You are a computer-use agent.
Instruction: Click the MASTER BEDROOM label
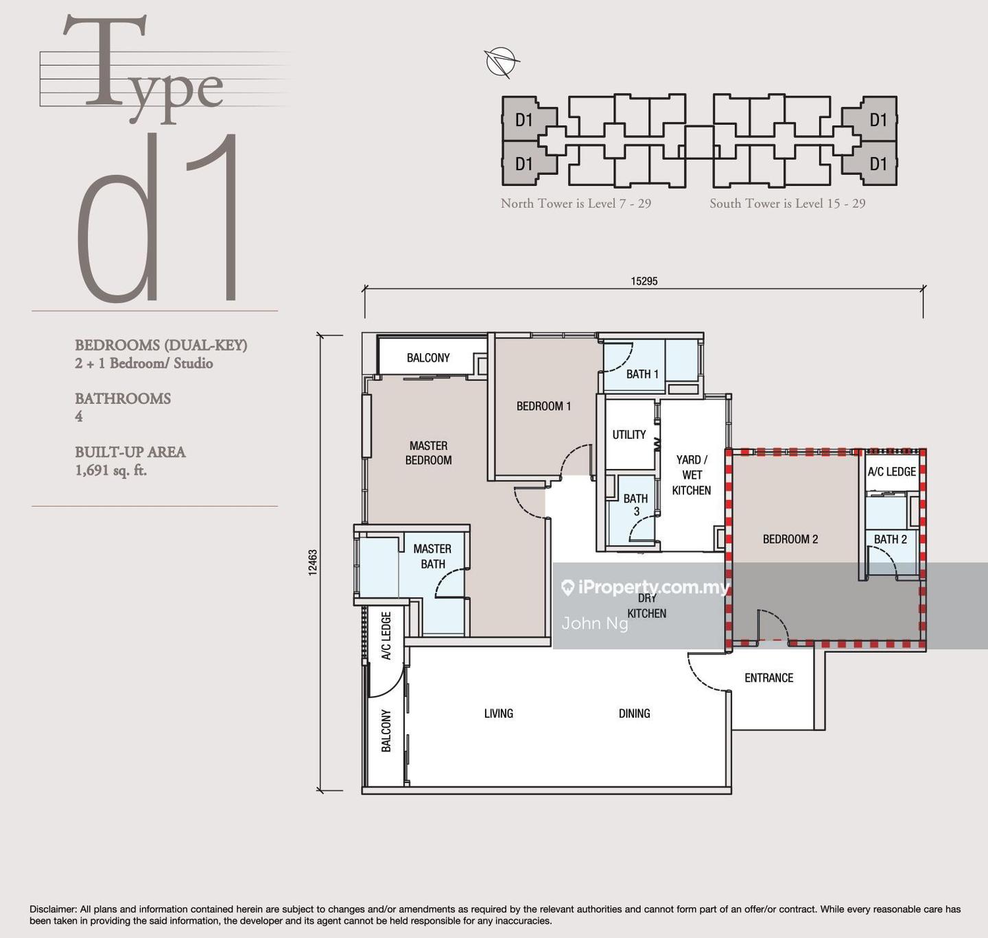pyautogui.click(x=428, y=453)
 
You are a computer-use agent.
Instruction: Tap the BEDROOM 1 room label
pyautogui.click(x=544, y=406)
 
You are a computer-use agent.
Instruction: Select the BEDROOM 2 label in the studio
pyautogui.click(x=790, y=539)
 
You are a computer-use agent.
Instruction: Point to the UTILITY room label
pyautogui.click(x=628, y=435)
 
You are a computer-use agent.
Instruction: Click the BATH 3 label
pyautogui.click(x=636, y=505)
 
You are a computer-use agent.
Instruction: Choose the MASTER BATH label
pyautogui.click(x=432, y=556)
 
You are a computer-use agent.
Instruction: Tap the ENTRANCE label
pyautogui.click(x=769, y=677)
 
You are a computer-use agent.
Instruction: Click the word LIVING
pyautogui.click(x=499, y=713)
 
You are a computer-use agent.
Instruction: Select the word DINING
pyautogui.click(x=634, y=713)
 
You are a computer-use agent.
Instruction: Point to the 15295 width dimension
pyautogui.click(x=644, y=281)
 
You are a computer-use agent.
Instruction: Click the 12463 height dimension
pyautogui.click(x=313, y=562)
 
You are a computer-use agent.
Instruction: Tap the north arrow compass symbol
pyautogui.click(x=502, y=62)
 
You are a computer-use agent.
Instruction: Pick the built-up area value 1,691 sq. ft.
pyautogui.click(x=111, y=471)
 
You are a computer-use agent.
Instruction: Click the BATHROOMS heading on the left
pyautogui.click(x=123, y=398)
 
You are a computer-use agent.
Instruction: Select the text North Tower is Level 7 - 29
pyautogui.click(x=576, y=204)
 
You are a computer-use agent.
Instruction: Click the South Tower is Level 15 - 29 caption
pyautogui.click(x=788, y=204)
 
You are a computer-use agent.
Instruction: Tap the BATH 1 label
pyautogui.click(x=642, y=374)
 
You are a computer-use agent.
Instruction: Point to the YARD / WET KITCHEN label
pyautogui.click(x=692, y=474)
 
